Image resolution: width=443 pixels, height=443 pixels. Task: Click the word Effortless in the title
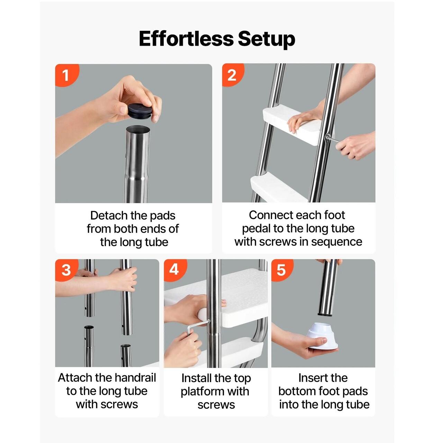pyautogui.click(x=186, y=39)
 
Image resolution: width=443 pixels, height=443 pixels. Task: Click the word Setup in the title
pyautogui.click(x=266, y=39)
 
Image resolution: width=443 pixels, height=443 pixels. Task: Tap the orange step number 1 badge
pyautogui.click(x=67, y=75)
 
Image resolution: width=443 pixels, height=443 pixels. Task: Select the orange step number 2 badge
pyautogui.click(x=232, y=75)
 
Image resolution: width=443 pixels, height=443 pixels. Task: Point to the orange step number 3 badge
pyautogui.click(x=66, y=270)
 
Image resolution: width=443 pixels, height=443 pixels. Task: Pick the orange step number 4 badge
pyautogui.click(x=175, y=270)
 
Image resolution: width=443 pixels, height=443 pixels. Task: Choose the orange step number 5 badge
pyautogui.click(x=282, y=270)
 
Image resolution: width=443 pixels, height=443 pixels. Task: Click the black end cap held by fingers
pyautogui.click(x=140, y=109)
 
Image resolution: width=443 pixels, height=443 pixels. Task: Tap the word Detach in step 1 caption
pyautogui.click(x=109, y=216)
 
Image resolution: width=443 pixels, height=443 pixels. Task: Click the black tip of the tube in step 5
pyautogui.click(x=325, y=314)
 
